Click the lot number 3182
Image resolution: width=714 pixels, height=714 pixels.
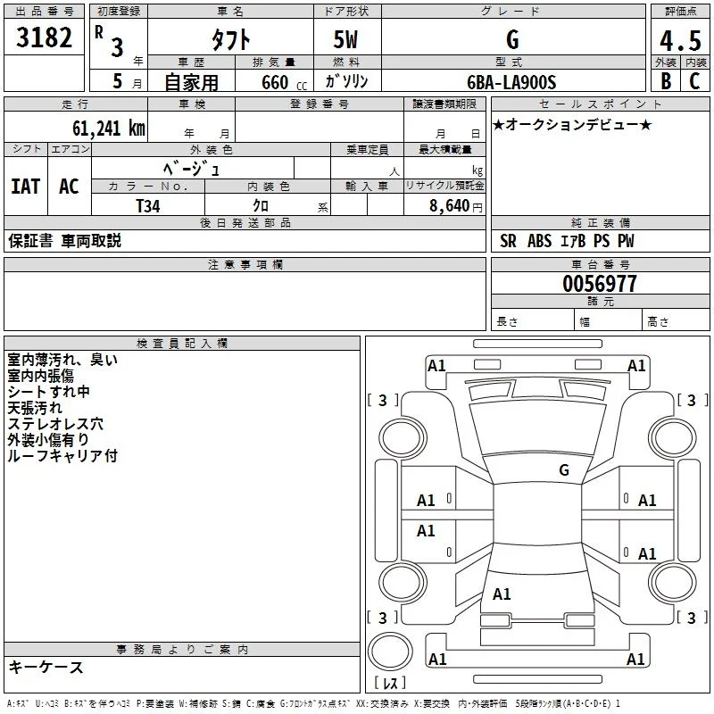44,37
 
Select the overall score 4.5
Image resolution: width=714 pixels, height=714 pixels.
680,41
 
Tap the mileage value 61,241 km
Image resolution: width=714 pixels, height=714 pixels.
109,129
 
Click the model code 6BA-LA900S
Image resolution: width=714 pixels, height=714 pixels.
511,82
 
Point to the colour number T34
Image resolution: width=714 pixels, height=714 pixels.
148,206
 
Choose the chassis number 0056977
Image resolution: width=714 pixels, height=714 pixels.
599,284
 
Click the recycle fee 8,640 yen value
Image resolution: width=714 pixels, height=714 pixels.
456,206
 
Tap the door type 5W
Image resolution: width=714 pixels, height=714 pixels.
345,39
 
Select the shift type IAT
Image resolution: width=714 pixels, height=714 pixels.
26,187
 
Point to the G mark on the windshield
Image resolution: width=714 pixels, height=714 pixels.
564,469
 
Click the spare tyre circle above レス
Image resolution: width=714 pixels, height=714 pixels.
390,652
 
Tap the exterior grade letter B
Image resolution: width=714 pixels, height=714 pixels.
666,81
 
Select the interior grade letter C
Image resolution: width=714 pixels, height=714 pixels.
694,81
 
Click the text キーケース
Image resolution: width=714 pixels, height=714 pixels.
46,667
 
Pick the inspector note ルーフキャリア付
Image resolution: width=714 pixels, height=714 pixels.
62,455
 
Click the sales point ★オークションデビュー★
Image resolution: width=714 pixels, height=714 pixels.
572,124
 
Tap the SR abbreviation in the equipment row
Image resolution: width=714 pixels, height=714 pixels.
508,241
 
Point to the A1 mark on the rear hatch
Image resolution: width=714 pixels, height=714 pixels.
502,594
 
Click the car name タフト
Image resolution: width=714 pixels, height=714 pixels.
231,39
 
